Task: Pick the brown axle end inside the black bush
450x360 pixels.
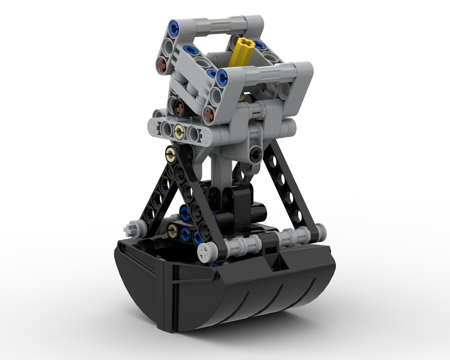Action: tap(180, 108)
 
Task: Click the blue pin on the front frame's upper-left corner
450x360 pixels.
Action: tap(222, 78)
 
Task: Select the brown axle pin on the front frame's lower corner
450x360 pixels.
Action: tap(209, 116)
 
